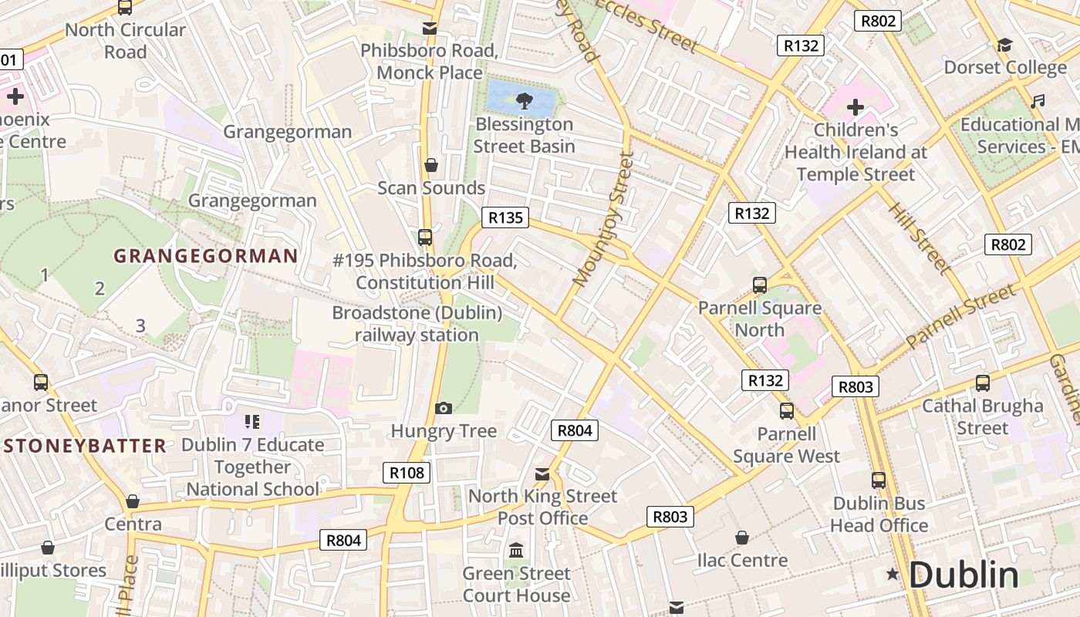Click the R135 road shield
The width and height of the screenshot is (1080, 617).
pyautogui.click(x=506, y=217)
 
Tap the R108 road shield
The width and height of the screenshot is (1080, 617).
pyautogui.click(x=407, y=473)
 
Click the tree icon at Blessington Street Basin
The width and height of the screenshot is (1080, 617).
pyautogui.click(x=524, y=99)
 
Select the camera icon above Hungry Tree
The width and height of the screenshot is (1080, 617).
pyautogui.click(x=444, y=407)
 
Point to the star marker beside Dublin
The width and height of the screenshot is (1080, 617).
pyautogui.click(x=893, y=574)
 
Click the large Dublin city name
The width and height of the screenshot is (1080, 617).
pyautogui.click(x=964, y=575)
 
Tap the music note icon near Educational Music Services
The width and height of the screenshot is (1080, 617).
pyautogui.click(x=1038, y=101)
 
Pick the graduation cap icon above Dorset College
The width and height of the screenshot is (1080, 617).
pyautogui.click(x=1004, y=45)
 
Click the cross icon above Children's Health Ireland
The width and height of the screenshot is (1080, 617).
pyautogui.click(x=855, y=106)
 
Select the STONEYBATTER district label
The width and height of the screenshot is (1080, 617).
pyautogui.click(x=84, y=446)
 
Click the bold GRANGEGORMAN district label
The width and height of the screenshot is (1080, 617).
pyautogui.click(x=206, y=256)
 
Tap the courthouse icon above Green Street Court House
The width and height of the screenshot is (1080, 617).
pyautogui.click(x=516, y=551)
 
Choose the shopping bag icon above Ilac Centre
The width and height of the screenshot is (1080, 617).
pyautogui.click(x=742, y=537)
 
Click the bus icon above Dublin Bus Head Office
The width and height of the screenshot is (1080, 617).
pyautogui.click(x=879, y=480)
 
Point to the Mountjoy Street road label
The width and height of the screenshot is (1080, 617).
pyautogui.click(x=602, y=220)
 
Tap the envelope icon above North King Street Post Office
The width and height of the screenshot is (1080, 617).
pyautogui.click(x=542, y=474)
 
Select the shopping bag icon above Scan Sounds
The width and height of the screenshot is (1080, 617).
pyautogui.click(x=431, y=165)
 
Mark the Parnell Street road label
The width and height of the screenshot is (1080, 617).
pyautogui.click(x=961, y=317)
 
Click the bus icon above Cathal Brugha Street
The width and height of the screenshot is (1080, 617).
pyautogui.click(x=983, y=383)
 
